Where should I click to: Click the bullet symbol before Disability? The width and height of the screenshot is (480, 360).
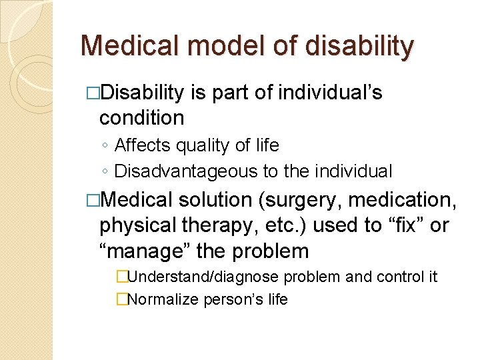tap(93, 93)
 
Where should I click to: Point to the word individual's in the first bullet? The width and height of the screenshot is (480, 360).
tap(331, 93)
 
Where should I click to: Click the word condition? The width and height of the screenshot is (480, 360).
tap(141, 118)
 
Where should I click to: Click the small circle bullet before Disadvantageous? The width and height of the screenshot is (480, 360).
tap(105, 172)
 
